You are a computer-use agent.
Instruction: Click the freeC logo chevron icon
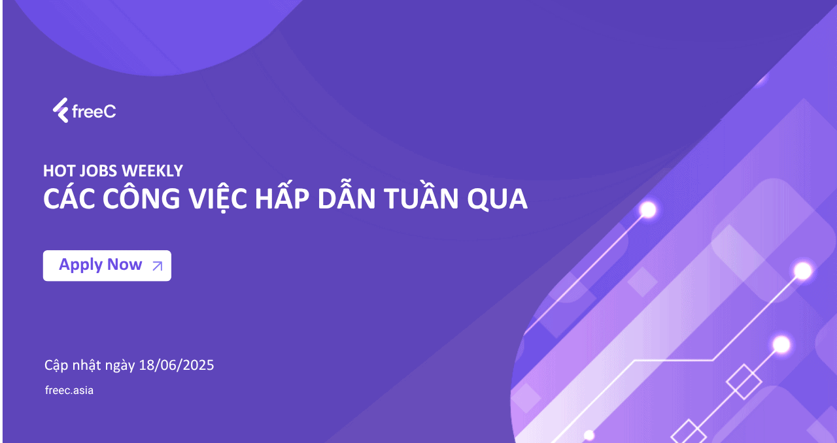click(x=61, y=110)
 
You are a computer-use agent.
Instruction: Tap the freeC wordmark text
click(x=94, y=111)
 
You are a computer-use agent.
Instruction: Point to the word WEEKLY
click(x=152, y=171)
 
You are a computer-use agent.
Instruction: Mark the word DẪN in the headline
click(x=347, y=196)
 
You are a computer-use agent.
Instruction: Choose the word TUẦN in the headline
click(x=421, y=196)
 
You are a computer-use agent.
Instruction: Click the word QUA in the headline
click(x=497, y=199)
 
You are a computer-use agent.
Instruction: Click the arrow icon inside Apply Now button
click(x=158, y=266)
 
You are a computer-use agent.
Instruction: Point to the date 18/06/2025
click(x=177, y=365)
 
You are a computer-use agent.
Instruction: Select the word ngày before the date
click(x=120, y=366)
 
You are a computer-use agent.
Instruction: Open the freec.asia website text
click(x=69, y=390)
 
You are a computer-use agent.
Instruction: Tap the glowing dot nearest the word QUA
click(x=648, y=209)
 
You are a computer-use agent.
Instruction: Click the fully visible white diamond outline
click(x=743, y=382)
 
